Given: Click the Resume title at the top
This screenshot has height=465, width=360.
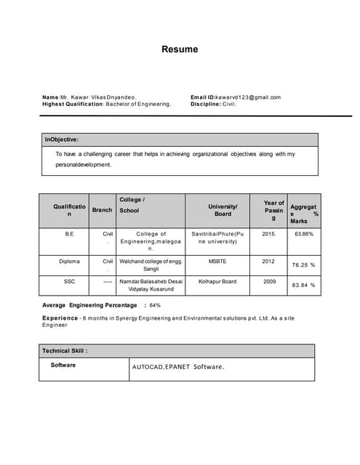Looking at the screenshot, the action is coord(180,50).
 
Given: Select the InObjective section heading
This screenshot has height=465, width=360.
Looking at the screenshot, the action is coord(62,139).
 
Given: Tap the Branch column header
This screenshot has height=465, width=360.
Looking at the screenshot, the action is coord(103,210).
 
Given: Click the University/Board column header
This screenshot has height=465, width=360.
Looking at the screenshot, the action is coord(223,210).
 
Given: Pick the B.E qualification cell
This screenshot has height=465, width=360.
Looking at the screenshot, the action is coord(69,235).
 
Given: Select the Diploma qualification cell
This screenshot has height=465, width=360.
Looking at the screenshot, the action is coord(69,261).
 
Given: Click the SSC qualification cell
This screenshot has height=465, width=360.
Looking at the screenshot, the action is coord(69,280).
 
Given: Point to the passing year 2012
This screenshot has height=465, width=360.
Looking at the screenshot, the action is coord(269,261).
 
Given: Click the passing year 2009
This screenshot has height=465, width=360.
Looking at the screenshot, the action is coord(269,280).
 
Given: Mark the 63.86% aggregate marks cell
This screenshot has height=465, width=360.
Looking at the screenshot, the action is coord(303,235).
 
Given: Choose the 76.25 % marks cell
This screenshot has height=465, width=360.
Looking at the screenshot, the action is coord(303,265).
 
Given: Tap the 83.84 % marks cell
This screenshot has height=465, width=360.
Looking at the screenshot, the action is coord(303,285).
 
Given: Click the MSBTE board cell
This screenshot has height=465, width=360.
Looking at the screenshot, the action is coord(218,261).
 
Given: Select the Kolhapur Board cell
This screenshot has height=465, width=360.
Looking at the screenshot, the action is coord(218,280).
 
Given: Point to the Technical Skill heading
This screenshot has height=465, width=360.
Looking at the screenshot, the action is coord(65,350).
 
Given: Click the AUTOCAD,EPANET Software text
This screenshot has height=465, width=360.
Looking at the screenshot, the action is coord(178,367).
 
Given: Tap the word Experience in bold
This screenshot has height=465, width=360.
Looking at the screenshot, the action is coord(60,318).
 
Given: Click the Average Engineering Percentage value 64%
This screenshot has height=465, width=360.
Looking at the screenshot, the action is coord(155,305).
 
